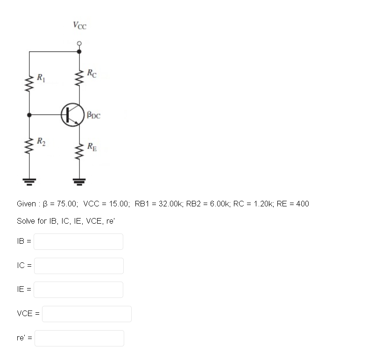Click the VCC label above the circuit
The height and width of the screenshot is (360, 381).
(80, 25)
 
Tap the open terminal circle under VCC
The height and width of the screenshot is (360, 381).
(79, 43)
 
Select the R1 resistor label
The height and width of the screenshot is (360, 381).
(41, 78)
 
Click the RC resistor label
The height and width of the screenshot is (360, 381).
(92, 73)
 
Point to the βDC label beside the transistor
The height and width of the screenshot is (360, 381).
(93, 115)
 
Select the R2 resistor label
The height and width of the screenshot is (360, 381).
(41, 141)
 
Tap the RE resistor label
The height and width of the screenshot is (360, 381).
(92, 147)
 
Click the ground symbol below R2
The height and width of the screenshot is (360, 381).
(29, 182)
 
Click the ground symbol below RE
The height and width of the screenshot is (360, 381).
(79, 182)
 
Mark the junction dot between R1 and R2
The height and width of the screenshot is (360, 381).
(29, 115)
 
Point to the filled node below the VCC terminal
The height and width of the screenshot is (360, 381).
(79, 51)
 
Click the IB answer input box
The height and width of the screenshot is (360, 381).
(78, 241)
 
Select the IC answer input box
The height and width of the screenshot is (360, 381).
(79, 266)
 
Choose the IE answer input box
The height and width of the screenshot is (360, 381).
(78, 289)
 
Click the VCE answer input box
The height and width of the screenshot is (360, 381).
(87, 314)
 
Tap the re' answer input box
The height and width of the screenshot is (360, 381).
(79, 338)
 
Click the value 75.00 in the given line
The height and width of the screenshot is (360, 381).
(67, 204)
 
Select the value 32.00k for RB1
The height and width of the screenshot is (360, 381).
(170, 204)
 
